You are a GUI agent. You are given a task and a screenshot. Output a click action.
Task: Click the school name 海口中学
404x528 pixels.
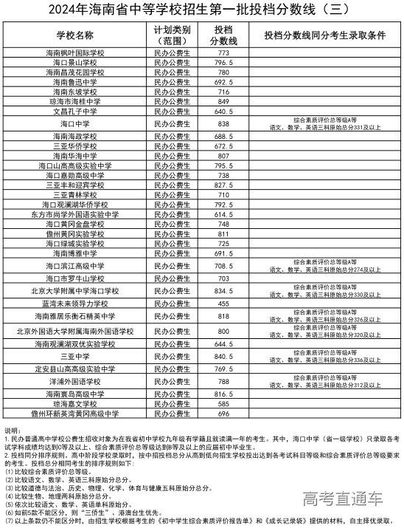(75, 123)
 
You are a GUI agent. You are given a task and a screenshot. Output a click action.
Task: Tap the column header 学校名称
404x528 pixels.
(75, 35)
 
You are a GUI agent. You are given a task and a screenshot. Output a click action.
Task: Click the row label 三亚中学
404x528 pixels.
(75, 355)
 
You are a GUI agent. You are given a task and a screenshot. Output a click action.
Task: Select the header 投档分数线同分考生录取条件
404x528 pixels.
(325, 35)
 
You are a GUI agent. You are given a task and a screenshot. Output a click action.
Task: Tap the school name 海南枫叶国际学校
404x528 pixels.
(75, 54)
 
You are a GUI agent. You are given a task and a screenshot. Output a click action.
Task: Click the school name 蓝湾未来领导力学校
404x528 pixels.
(75, 304)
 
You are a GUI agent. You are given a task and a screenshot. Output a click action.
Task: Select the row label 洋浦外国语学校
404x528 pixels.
(75, 382)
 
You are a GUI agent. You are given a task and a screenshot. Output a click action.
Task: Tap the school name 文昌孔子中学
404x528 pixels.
(75, 111)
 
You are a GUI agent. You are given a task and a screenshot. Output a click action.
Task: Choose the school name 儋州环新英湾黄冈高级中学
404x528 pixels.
(75, 414)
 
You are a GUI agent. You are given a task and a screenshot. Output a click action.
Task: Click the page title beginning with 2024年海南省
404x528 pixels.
(201, 10)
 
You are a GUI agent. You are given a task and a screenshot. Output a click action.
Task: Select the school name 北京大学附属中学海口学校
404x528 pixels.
(75, 291)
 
